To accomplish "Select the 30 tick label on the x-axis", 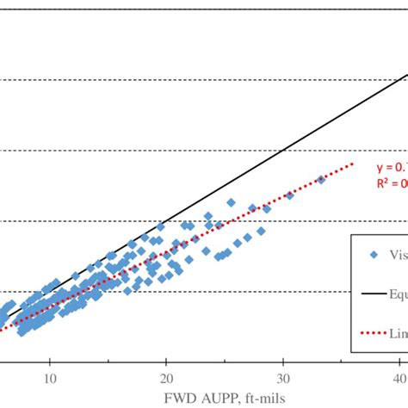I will coord(283,380).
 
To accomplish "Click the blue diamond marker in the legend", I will coord(373,255).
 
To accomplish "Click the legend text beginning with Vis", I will coord(398,255).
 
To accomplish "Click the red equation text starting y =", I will coord(391,167).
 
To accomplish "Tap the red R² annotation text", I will coord(391,182).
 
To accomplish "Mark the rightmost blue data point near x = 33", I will coord(320,180).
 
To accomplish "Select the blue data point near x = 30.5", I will coord(289,196).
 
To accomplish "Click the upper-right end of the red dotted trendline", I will coord(353,164).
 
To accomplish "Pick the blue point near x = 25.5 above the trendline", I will coord(231,202).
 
